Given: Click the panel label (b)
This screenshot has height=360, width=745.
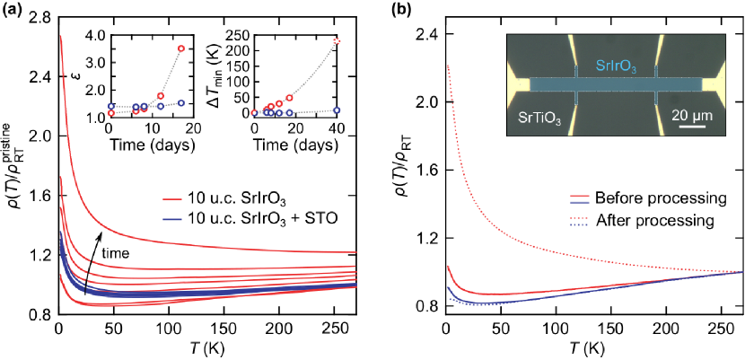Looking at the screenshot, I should coord(396,10).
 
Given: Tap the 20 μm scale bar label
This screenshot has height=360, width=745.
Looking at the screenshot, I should coord(692,116).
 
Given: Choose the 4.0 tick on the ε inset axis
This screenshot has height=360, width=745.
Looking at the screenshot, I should coord(93,36).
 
